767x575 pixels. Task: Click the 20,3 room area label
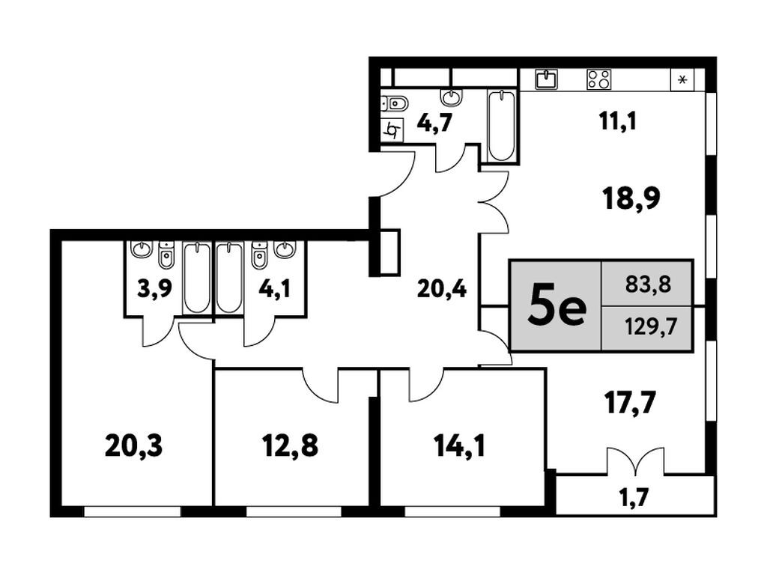pos(133,446)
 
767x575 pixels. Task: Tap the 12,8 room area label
pos(290,446)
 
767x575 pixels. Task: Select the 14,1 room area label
pos(459,446)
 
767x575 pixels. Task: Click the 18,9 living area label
pos(632,198)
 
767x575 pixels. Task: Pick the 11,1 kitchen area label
pos(618,121)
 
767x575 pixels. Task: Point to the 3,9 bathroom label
pos(154,289)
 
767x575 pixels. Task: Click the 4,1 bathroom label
pos(274,289)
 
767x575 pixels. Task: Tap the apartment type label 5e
pos(557,308)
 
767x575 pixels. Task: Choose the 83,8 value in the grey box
pos(648,284)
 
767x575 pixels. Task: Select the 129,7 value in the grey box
pos(651,326)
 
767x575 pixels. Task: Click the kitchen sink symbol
pos(546,79)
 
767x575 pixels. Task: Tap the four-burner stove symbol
pos(599,79)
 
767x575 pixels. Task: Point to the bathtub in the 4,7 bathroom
pos(501,126)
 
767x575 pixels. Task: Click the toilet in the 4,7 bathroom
pos(395,103)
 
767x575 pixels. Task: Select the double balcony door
pos(635,461)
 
